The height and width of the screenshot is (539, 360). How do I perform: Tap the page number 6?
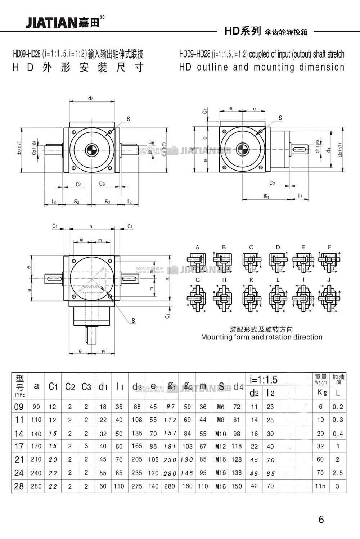tap(321, 519)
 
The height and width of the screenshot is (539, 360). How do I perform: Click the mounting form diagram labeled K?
tap(251, 298)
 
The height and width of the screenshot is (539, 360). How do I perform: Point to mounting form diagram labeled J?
tap(329, 298)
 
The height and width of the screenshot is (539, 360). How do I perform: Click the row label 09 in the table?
tap(19, 407)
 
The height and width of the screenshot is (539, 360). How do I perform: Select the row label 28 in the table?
tap(19, 486)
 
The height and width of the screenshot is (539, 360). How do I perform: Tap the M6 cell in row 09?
tap(221, 407)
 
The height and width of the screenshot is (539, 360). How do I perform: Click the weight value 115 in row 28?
tap(320, 486)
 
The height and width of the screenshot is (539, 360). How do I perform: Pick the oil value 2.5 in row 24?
tap(338, 473)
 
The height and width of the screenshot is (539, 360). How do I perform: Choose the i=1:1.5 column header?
tap(264, 380)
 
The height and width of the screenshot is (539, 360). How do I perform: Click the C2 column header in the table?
tap(70, 387)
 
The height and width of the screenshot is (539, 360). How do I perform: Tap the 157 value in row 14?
tap(170, 433)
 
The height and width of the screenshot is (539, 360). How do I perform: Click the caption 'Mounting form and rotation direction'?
tap(262, 337)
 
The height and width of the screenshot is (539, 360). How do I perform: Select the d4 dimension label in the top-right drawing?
tap(329, 149)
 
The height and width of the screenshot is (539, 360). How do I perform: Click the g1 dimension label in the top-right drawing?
tap(266, 196)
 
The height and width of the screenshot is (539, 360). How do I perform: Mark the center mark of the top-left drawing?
tap(91, 149)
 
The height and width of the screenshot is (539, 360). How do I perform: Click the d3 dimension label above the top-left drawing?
tap(91, 98)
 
